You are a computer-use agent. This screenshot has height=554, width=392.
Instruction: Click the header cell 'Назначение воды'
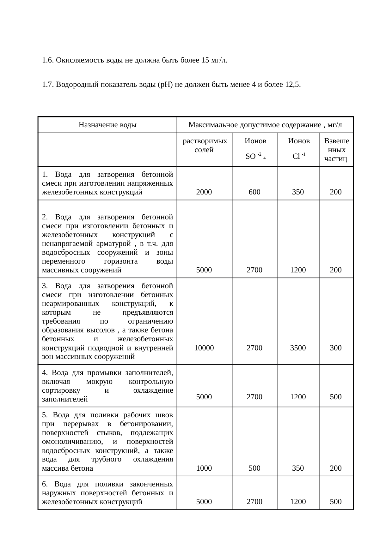coord(107,125)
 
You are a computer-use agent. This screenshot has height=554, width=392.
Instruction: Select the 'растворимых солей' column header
coord(205,145)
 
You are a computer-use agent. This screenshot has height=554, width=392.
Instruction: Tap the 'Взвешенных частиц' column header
coord(336,150)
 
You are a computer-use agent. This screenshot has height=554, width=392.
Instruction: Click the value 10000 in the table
coord(204,348)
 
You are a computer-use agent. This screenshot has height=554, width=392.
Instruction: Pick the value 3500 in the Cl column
coord(298,348)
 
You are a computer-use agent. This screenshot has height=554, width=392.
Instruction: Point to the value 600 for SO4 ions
coord(254,192)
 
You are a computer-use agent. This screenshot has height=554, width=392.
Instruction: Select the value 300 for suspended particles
coord(336,348)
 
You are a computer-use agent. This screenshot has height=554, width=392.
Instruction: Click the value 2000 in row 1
coord(204,192)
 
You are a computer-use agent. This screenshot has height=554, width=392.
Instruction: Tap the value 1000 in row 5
coord(204,468)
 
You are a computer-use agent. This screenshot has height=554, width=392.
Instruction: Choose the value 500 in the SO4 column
coord(254,468)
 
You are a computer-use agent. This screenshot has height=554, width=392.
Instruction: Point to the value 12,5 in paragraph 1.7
coord(293,85)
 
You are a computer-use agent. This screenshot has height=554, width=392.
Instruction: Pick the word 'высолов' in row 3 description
coord(103,330)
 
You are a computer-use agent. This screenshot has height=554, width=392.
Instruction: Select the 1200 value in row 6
coord(298,502)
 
